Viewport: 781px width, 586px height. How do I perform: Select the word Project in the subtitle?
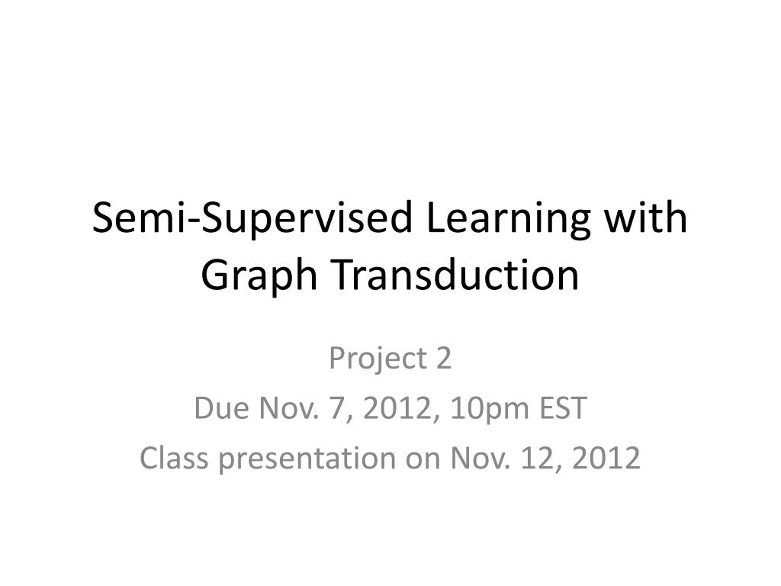[x=370, y=359]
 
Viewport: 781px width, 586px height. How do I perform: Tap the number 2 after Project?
[x=443, y=359]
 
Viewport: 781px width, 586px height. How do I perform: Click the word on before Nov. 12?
[x=418, y=459]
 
